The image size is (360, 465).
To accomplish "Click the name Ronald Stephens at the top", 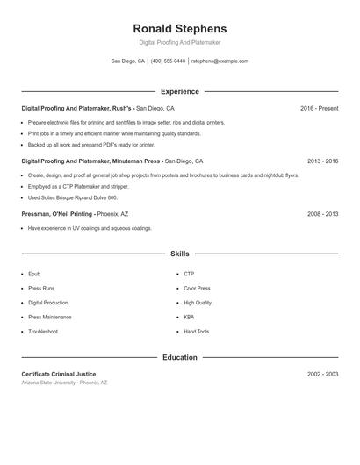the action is (x=179, y=28).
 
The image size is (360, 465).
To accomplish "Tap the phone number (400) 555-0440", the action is (x=168, y=61).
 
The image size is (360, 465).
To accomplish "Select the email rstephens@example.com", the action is (x=220, y=61).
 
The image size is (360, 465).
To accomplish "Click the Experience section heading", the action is (x=179, y=91).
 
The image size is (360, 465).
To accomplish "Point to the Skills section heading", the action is (x=179, y=254).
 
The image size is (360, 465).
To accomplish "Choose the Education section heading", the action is (x=179, y=358).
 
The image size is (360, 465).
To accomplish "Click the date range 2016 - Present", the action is (x=319, y=108).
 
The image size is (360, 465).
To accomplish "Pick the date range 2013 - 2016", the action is (x=322, y=161).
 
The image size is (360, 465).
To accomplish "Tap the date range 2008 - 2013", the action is (x=322, y=214).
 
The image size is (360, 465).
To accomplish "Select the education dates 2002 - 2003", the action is (x=322, y=375).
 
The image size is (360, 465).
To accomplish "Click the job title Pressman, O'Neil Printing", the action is (x=58, y=214).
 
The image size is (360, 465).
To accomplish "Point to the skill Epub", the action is (x=34, y=274).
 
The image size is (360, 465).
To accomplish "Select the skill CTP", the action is (x=189, y=274).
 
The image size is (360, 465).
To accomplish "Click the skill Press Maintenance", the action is (x=49, y=317).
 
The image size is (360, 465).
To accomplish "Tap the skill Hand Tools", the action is (x=196, y=332).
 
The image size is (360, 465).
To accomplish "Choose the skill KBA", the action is (x=189, y=317).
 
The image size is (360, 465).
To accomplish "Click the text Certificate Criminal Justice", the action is (x=58, y=375).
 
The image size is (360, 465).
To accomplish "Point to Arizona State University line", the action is (x=64, y=383).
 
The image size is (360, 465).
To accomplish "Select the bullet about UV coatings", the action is (x=90, y=228).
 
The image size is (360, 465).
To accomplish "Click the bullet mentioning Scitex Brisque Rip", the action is (x=72, y=197).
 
